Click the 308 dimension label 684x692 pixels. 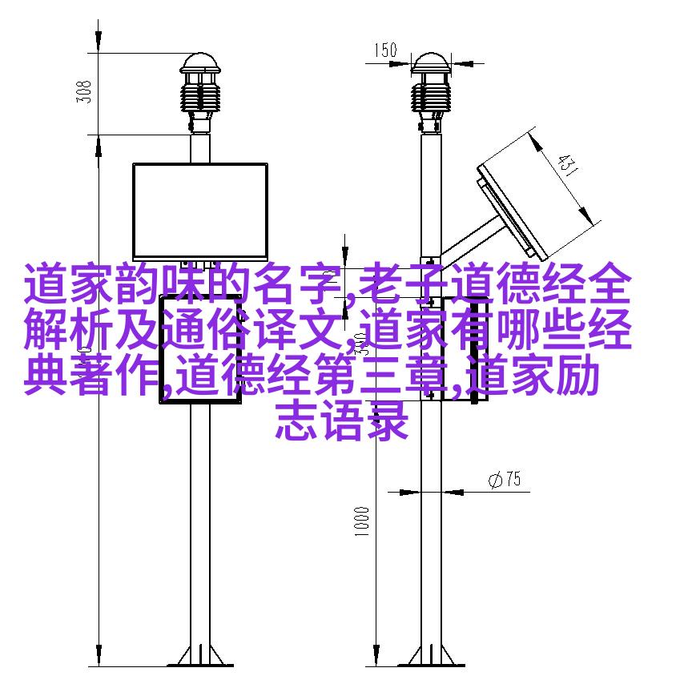click(84, 92)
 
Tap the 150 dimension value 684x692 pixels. click(386, 50)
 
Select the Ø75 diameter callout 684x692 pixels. click(505, 479)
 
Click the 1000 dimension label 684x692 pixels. click(361, 521)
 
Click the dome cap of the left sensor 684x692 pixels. click(200, 63)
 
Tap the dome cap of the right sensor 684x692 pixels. click(431, 63)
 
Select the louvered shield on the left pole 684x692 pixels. click(200, 97)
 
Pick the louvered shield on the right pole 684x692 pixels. click(431, 97)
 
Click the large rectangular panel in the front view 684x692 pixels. click(200, 211)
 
